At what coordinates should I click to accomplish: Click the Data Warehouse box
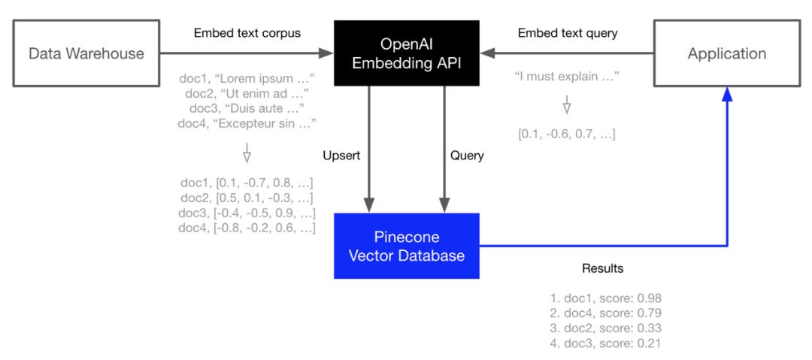[86, 53]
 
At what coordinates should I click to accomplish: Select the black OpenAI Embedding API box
[407, 53]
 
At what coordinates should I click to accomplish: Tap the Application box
[726, 53]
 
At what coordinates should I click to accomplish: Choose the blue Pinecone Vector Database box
[407, 246]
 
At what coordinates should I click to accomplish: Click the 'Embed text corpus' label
[247, 33]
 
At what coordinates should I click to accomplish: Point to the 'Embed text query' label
[568, 33]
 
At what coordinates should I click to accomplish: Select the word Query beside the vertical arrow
[467, 156]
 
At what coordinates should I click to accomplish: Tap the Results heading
[602, 268]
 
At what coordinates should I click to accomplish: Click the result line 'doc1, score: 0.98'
[605, 298]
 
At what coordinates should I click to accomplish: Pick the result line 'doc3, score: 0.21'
[605, 343]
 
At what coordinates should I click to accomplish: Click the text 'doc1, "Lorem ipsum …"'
[247, 78]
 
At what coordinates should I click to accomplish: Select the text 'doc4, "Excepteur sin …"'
[247, 123]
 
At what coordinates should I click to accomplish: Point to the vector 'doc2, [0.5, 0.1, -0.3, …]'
[247, 198]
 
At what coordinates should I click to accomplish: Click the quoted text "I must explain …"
[567, 77]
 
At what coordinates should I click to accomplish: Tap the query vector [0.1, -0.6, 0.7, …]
[567, 135]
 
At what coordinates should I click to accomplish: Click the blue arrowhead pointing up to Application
[726, 93]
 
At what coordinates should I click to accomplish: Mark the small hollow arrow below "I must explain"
[567, 106]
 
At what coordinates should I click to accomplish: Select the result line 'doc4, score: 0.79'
[605, 313]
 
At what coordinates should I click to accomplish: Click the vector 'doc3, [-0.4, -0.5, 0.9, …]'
[247, 213]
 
